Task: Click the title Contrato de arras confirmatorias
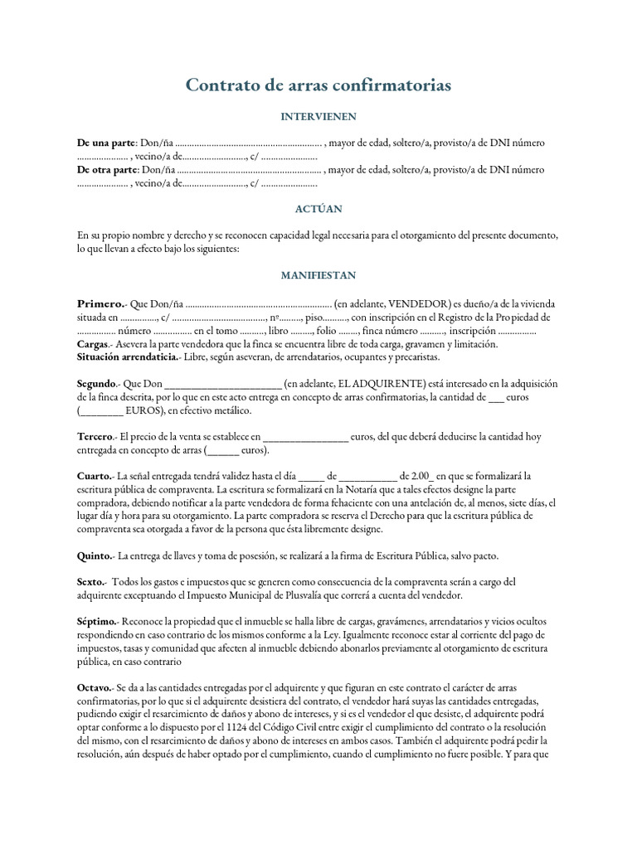(318, 85)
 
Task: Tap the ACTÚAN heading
(318, 209)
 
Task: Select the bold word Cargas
(93, 343)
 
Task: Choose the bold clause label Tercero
(95, 436)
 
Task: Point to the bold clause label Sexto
(90, 582)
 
